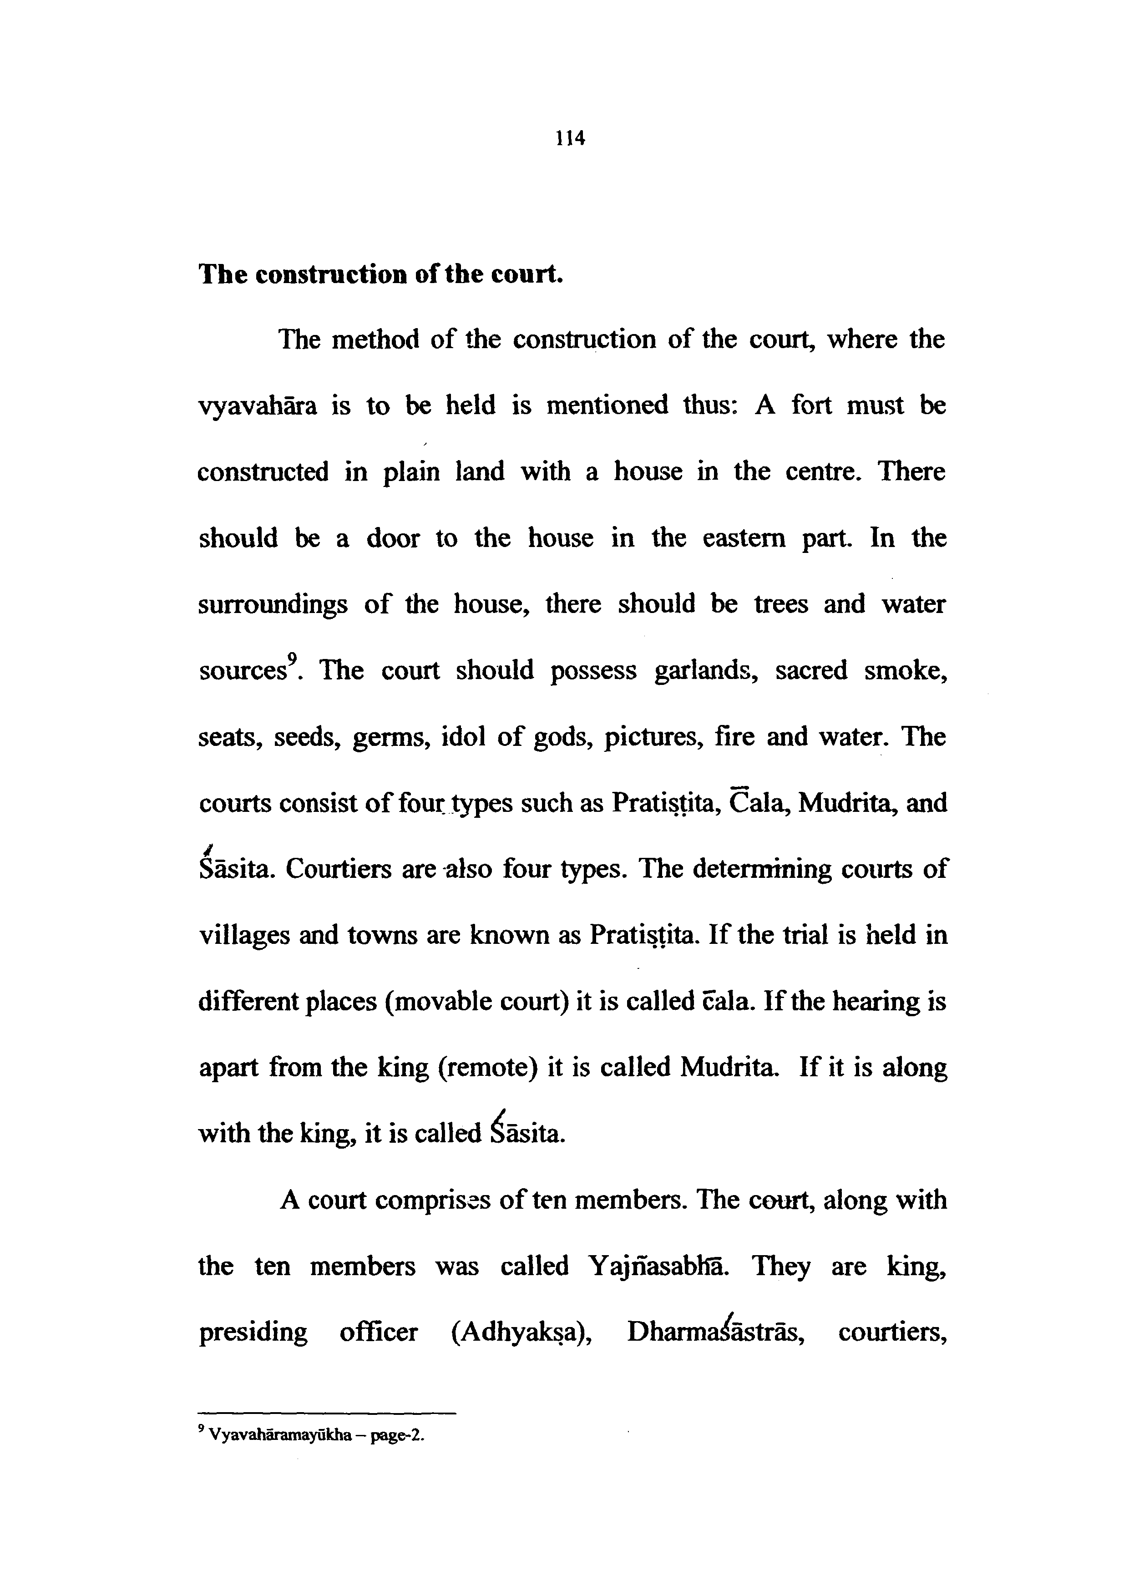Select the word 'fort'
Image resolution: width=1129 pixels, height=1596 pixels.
(x=810, y=405)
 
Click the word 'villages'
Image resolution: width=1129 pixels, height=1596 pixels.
(x=240, y=936)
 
